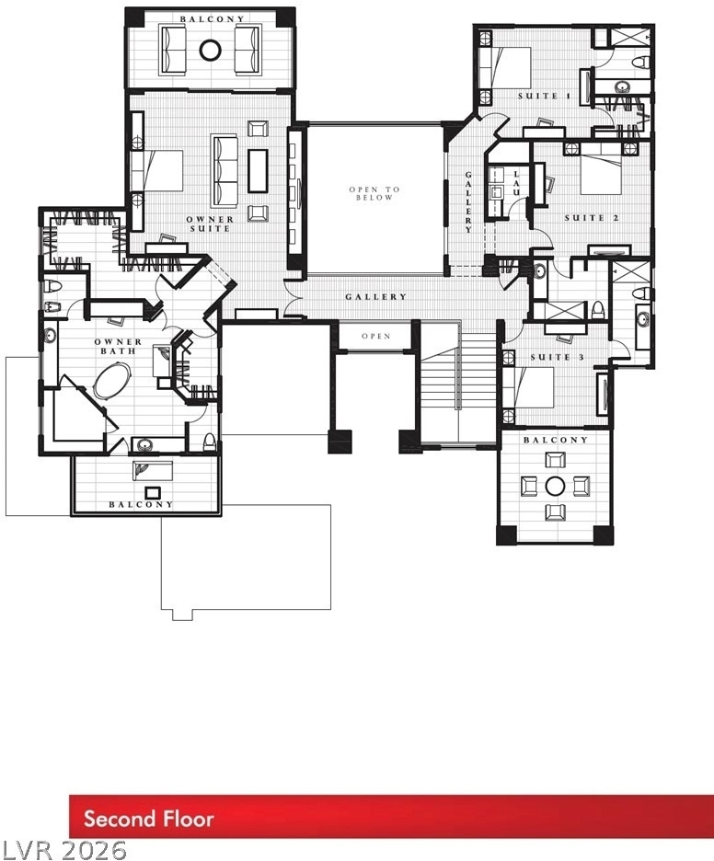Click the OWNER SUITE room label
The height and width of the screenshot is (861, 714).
tap(211, 224)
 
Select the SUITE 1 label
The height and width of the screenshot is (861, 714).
tap(545, 96)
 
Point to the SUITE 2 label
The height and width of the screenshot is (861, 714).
tap(592, 218)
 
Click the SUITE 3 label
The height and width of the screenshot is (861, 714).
tap(557, 358)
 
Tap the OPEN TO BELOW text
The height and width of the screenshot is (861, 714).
tap(374, 193)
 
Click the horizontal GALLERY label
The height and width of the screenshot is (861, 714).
tap(376, 297)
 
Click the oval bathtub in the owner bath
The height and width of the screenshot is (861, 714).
tap(112, 379)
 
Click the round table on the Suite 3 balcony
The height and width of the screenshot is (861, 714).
tap(555, 486)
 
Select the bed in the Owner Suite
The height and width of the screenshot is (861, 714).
tap(156, 171)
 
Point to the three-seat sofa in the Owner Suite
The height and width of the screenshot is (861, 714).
tap(225, 171)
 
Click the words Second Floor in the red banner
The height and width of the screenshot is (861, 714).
tap(148, 819)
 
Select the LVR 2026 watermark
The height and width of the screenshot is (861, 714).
tap(63, 849)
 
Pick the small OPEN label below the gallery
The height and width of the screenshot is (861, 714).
tap(376, 336)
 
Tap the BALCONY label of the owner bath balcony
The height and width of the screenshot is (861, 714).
tap(141, 504)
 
